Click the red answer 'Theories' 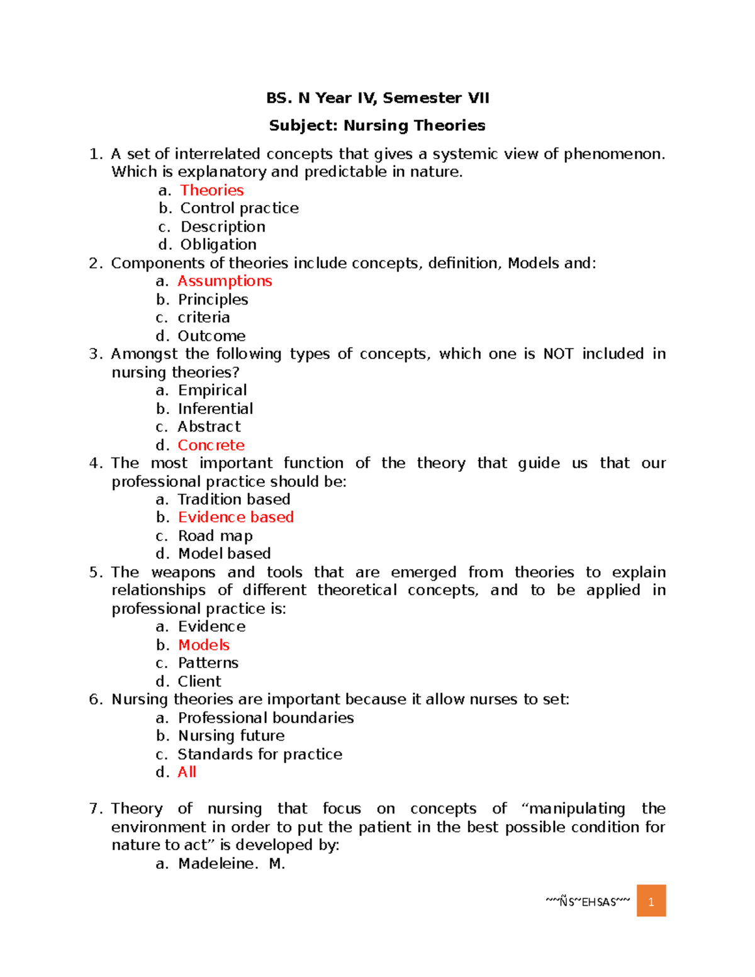211,190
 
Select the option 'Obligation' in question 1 218,244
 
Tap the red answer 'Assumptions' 225,281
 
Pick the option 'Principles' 213,299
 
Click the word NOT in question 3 558,354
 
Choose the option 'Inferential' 215,408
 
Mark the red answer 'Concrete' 211,445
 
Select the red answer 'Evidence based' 236,517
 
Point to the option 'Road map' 215,536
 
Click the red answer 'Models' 204,645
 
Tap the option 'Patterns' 208,662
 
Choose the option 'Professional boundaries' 266,718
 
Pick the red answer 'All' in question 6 187,772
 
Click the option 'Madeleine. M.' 232,863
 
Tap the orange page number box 651,901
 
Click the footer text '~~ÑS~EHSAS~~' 588,902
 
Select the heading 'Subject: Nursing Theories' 377,125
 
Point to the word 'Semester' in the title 422,98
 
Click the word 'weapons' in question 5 183,572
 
